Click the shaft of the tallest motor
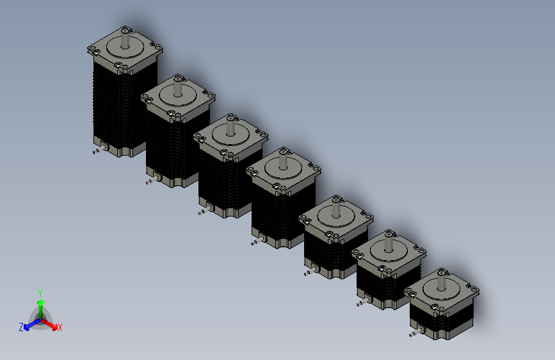(125, 39)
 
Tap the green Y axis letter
(40, 293)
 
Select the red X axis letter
(60, 327)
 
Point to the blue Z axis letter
(21, 327)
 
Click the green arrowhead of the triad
(41, 303)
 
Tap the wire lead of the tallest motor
(99, 150)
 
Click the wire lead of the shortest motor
(416, 332)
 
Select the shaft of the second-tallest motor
(177, 87)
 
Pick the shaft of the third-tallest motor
(230, 126)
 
